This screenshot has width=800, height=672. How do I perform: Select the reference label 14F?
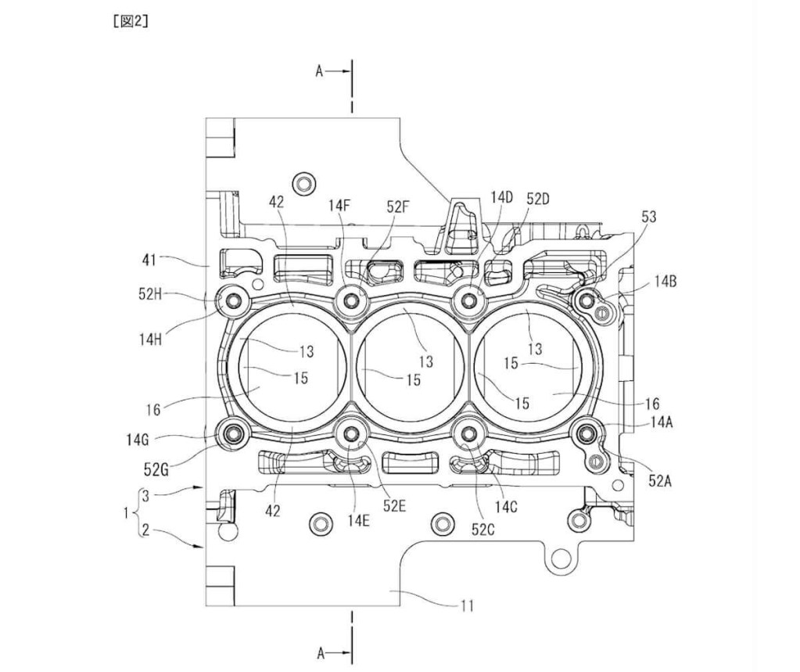pyautogui.click(x=339, y=206)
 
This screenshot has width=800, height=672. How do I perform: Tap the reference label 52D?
pyautogui.click(x=538, y=199)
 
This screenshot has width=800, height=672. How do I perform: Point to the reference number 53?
pyautogui.click(x=648, y=217)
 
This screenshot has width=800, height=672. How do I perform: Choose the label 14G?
pyautogui.click(x=138, y=439)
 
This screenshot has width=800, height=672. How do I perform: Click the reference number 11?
pyautogui.click(x=467, y=606)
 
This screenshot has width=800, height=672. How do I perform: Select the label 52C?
pyautogui.click(x=483, y=530)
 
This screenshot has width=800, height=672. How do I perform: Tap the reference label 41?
pyautogui.click(x=149, y=261)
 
